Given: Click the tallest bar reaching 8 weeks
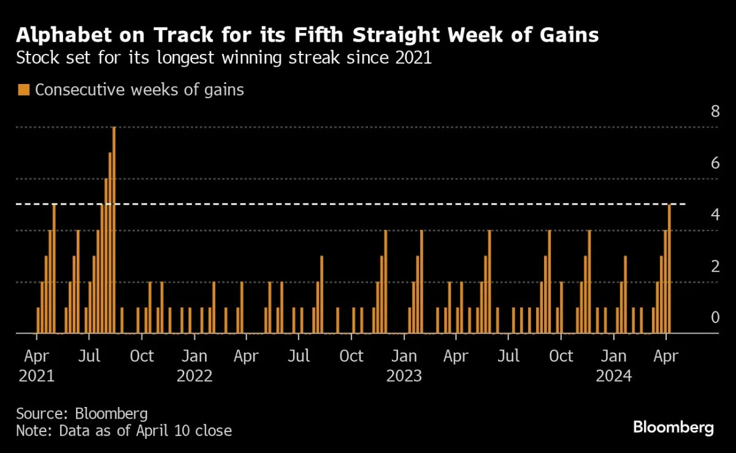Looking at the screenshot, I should coord(114,230).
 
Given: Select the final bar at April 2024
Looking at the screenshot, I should coord(669,269).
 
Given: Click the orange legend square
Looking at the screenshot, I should coord(24,90).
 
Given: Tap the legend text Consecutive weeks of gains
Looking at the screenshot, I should coord(139,89).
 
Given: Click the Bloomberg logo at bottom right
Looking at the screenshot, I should coord(673,427).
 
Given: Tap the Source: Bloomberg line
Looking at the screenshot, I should coord(82,413).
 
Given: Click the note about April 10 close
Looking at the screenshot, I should coord(124,431).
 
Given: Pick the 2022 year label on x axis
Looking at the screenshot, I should coord(194,375).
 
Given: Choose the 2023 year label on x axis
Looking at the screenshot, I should coord(404,375).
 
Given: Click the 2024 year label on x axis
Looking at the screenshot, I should coord(614,375).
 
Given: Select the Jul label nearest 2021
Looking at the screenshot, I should coord(89,356).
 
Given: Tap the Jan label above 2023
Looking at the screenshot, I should coord(404,356).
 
